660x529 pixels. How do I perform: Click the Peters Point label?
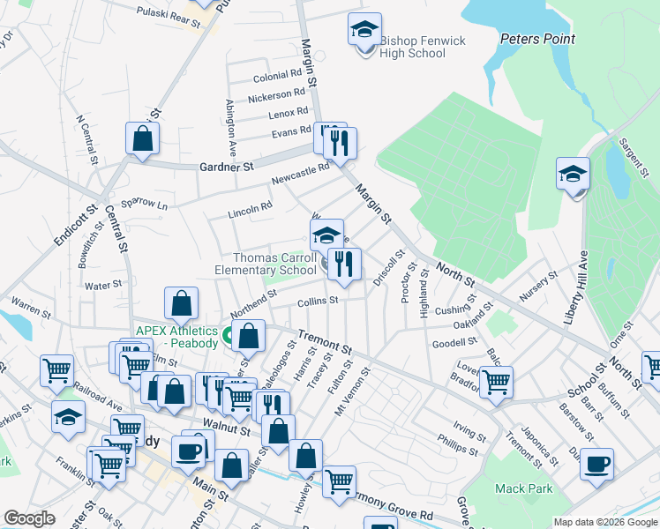tap(537, 39)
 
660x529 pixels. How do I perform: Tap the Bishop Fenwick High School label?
tap(411, 48)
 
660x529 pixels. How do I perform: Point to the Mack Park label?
tap(523, 488)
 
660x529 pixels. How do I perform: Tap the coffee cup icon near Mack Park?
tap(597, 464)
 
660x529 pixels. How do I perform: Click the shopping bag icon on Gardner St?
tap(142, 138)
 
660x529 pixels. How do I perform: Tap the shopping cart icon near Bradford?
tap(496, 383)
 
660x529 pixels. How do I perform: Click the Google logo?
tap(30, 518)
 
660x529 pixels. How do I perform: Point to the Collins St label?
tap(318, 301)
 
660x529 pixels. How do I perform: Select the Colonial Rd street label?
tap(278, 78)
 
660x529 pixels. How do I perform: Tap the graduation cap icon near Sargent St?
tap(573, 174)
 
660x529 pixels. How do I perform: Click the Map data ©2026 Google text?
tap(604, 522)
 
